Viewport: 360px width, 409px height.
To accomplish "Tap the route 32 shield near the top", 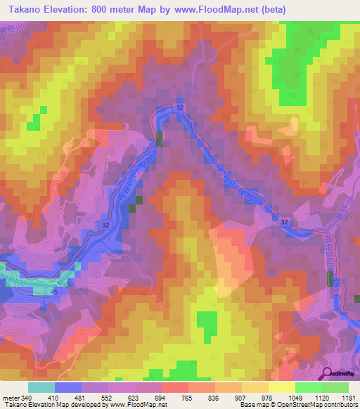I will [180, 108].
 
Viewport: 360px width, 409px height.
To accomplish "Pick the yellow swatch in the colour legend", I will [281, 387].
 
